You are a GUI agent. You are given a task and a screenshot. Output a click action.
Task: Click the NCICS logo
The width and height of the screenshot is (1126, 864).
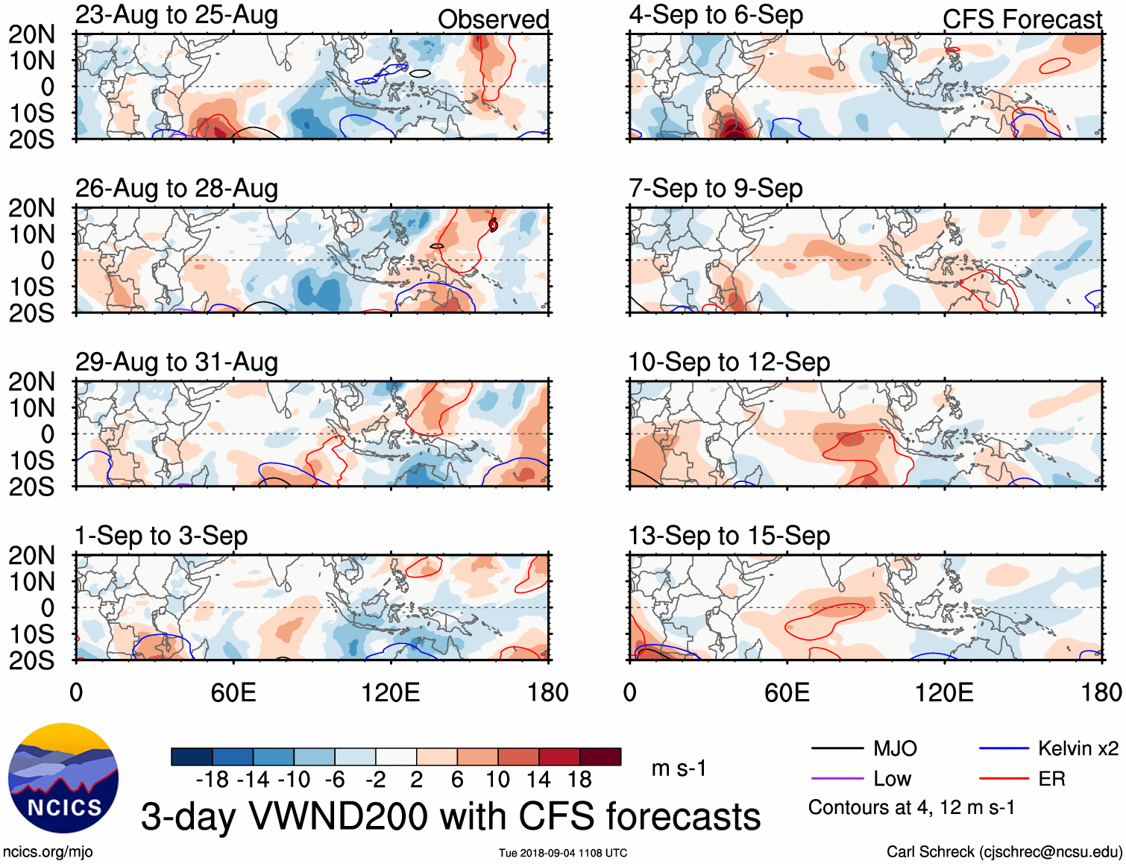click(x=63, y=777)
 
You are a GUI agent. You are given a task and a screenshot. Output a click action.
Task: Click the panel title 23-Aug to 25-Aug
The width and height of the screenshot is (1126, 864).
click(x=177, y=15)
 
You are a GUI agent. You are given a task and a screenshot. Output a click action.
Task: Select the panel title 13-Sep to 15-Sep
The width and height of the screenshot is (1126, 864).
click(x=729, y=536)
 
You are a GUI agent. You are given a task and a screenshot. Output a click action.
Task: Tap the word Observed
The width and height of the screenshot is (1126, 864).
click(x=493, y=19)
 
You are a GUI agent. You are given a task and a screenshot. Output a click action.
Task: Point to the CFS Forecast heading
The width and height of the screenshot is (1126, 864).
click(x=1022, y=19)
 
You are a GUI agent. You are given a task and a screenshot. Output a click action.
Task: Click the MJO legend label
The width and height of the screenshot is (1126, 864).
click(x=895, y=748)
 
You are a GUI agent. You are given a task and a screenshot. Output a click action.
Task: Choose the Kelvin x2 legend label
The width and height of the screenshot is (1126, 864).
click(x=1078, y=748)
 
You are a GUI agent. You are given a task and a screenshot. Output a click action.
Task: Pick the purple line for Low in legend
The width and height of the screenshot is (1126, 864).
click(x=837, y=779)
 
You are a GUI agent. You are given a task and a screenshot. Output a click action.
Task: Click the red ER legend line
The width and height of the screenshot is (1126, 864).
click(x=1004, y=779)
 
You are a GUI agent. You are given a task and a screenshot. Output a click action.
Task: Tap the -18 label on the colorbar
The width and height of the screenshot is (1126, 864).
click(x=213, y=780)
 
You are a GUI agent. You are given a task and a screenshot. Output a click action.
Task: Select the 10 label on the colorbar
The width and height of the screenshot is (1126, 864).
click(x=497, y=780)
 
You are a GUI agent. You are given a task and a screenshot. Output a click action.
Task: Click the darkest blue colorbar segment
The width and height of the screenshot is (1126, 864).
click(x=192, y=757)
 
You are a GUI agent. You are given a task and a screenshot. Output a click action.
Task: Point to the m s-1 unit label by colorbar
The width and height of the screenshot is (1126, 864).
click(x=679, y=768)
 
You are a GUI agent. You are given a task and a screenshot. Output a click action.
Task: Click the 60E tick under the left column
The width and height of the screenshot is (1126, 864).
click(x=233, y=692)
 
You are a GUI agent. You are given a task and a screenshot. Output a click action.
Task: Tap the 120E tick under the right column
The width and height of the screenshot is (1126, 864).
click(x=944, y=692)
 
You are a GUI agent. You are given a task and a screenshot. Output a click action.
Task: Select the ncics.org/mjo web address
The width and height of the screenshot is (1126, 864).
click(x=48, y=852)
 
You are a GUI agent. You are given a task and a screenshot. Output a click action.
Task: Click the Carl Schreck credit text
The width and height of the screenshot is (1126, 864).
click(x=1004, y=852)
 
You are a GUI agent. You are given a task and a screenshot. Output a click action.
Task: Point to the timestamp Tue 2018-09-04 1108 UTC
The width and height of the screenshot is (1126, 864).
click(x=563, y=853)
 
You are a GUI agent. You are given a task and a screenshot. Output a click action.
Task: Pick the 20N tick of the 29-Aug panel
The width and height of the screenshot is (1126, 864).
click(x=31, y=382)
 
